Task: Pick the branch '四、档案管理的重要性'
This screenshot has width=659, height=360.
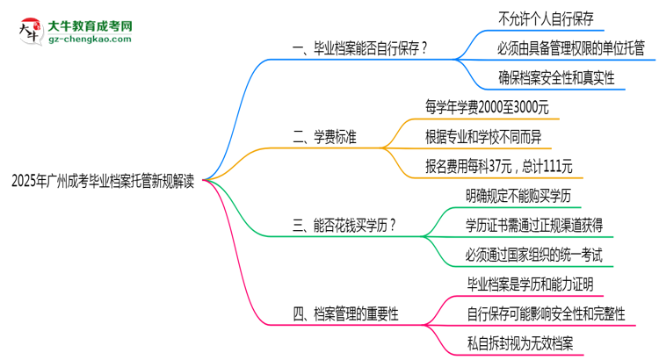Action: [345, 312]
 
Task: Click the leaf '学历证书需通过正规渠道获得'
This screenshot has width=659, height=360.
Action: [534, 224]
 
